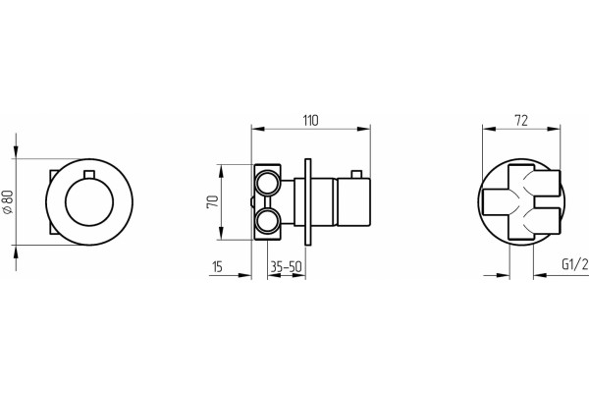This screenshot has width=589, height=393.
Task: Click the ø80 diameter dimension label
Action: (x=8, y=202)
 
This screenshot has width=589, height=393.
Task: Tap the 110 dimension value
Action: (x=310, y=120)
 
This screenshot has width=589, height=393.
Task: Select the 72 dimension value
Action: (x=521, y=120)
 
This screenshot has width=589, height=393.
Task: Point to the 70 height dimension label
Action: (x=213, y=202)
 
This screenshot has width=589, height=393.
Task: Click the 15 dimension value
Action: (x=218, y=266)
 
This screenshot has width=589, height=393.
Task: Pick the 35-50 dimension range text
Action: (x=287, y=266)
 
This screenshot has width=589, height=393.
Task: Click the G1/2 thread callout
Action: (x=574, y=264)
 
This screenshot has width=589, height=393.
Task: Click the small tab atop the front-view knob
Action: (x=89, y=174)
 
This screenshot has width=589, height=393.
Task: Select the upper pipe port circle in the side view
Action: (x=267, y=183)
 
